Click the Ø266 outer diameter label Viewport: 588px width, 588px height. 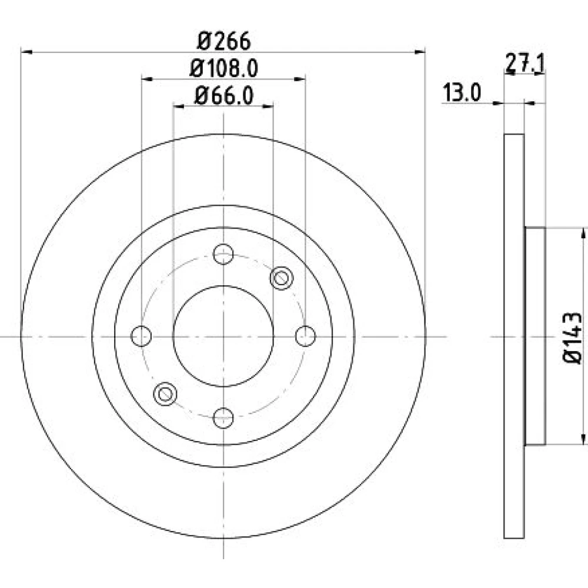223,41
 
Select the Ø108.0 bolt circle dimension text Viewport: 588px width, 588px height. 224,69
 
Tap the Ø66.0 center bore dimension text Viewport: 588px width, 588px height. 224,95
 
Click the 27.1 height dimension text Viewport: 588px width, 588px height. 524,62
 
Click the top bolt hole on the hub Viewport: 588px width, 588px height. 223,254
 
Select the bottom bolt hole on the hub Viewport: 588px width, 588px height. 223,417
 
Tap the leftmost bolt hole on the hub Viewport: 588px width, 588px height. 141,336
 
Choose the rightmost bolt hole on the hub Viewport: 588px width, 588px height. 305,336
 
